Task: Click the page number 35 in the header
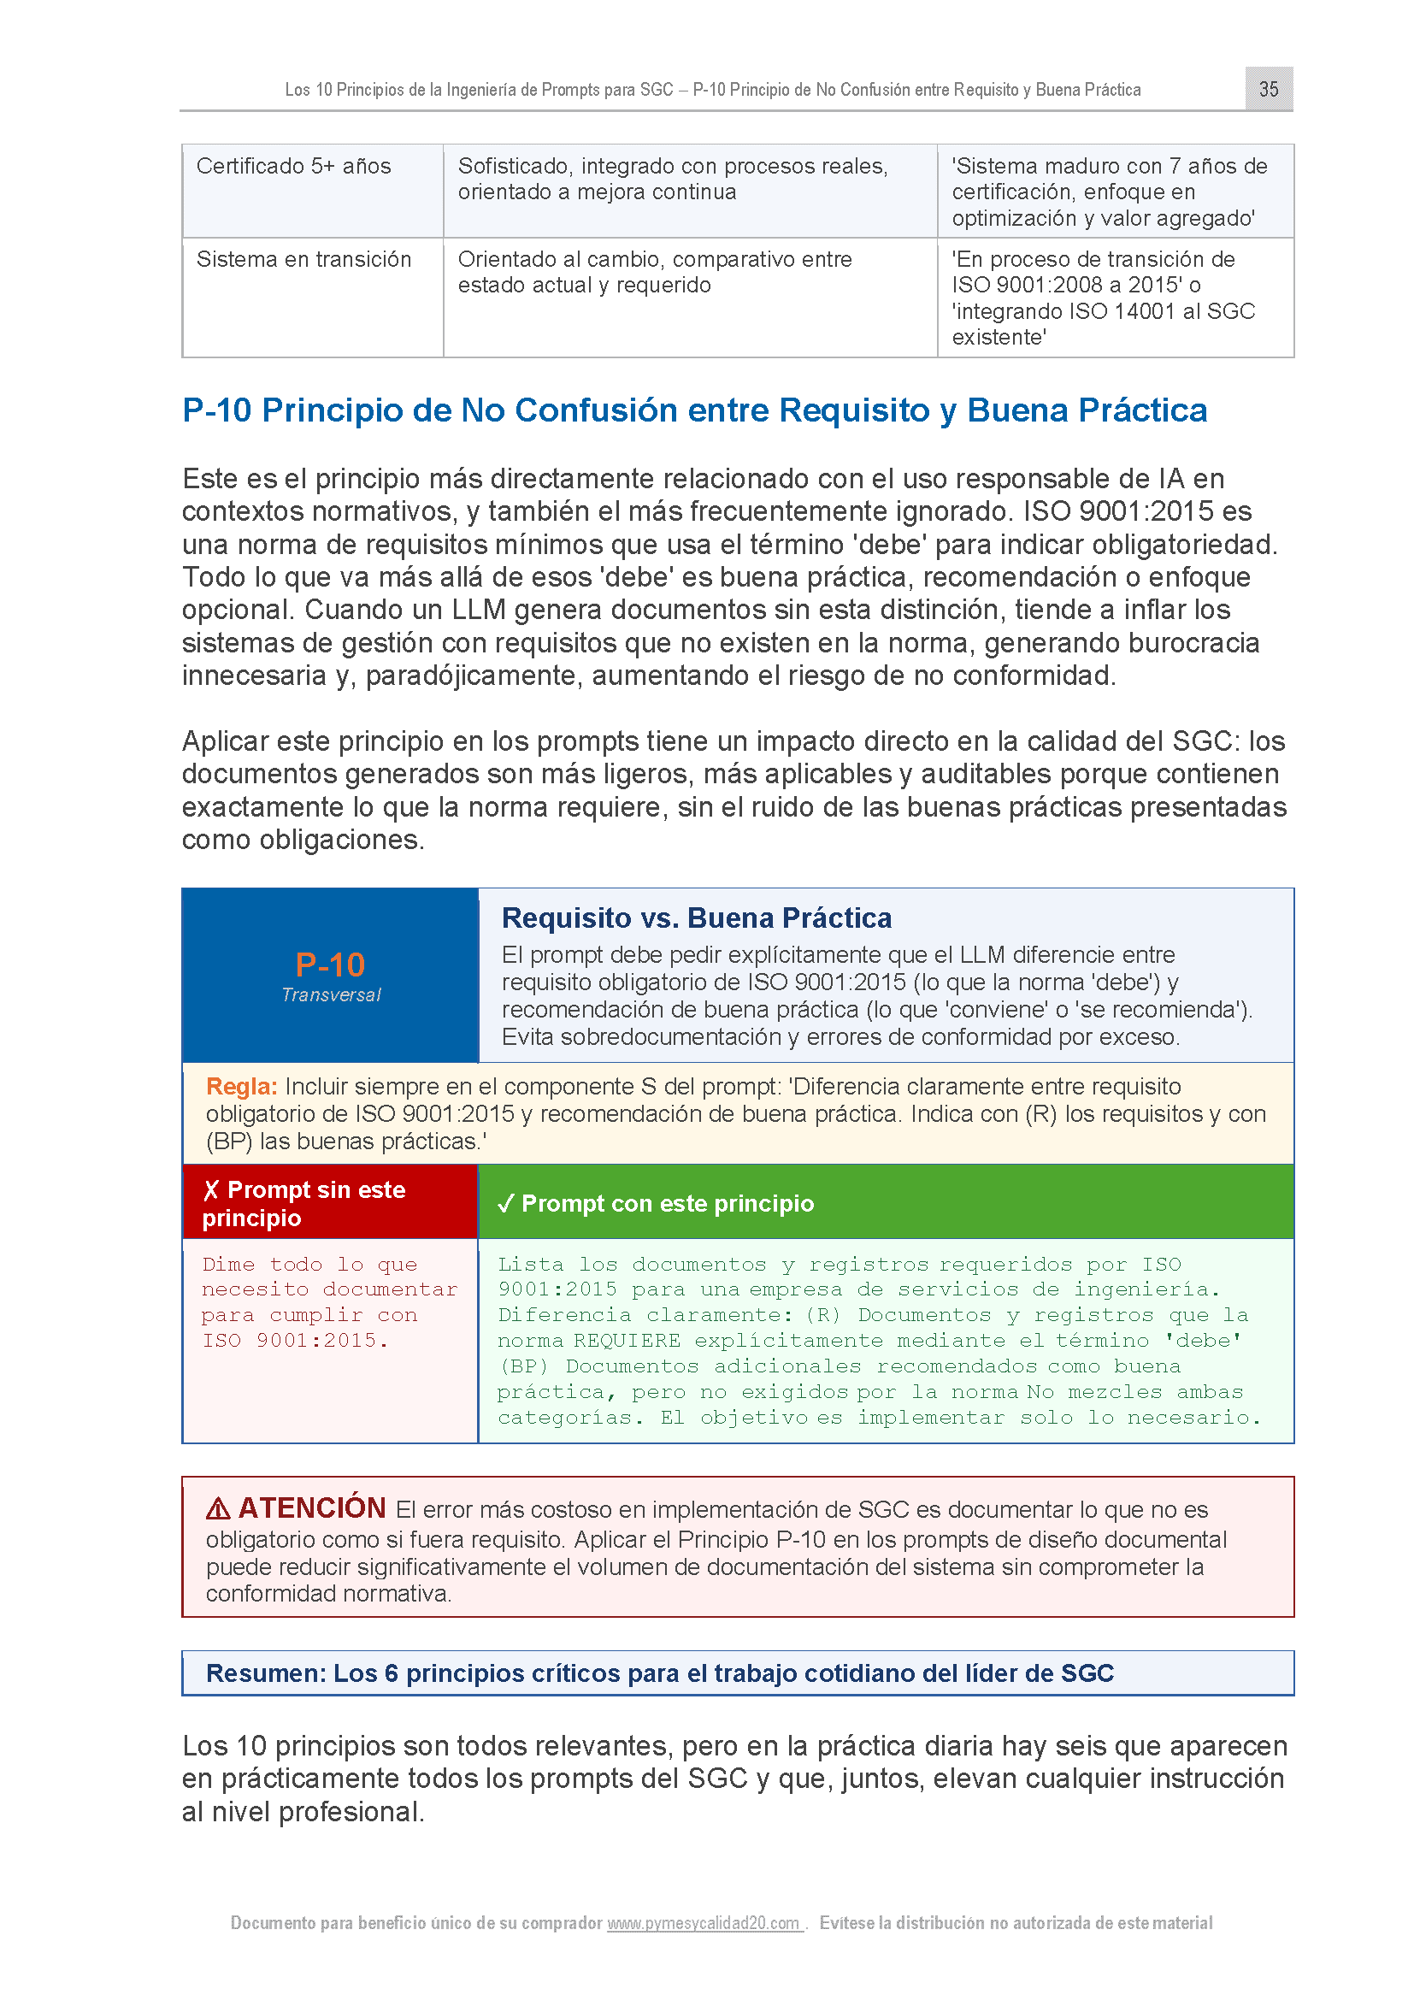1269,89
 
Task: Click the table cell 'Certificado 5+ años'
293,167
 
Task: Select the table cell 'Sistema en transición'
303,260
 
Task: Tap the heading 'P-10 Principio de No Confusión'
694,410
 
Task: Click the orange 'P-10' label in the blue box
330,965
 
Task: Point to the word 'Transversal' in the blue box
331,994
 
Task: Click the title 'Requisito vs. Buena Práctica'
697,918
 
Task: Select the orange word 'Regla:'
241,1086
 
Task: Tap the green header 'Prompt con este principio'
667,1204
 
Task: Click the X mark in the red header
210,1190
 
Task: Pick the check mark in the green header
506,1204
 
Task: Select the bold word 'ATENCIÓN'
312,1507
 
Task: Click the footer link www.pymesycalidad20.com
704,1922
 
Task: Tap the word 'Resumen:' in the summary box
266,1673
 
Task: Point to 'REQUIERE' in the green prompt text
627,1341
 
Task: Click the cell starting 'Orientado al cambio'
655,273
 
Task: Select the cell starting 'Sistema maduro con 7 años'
1110,192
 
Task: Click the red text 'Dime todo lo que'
310,1265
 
